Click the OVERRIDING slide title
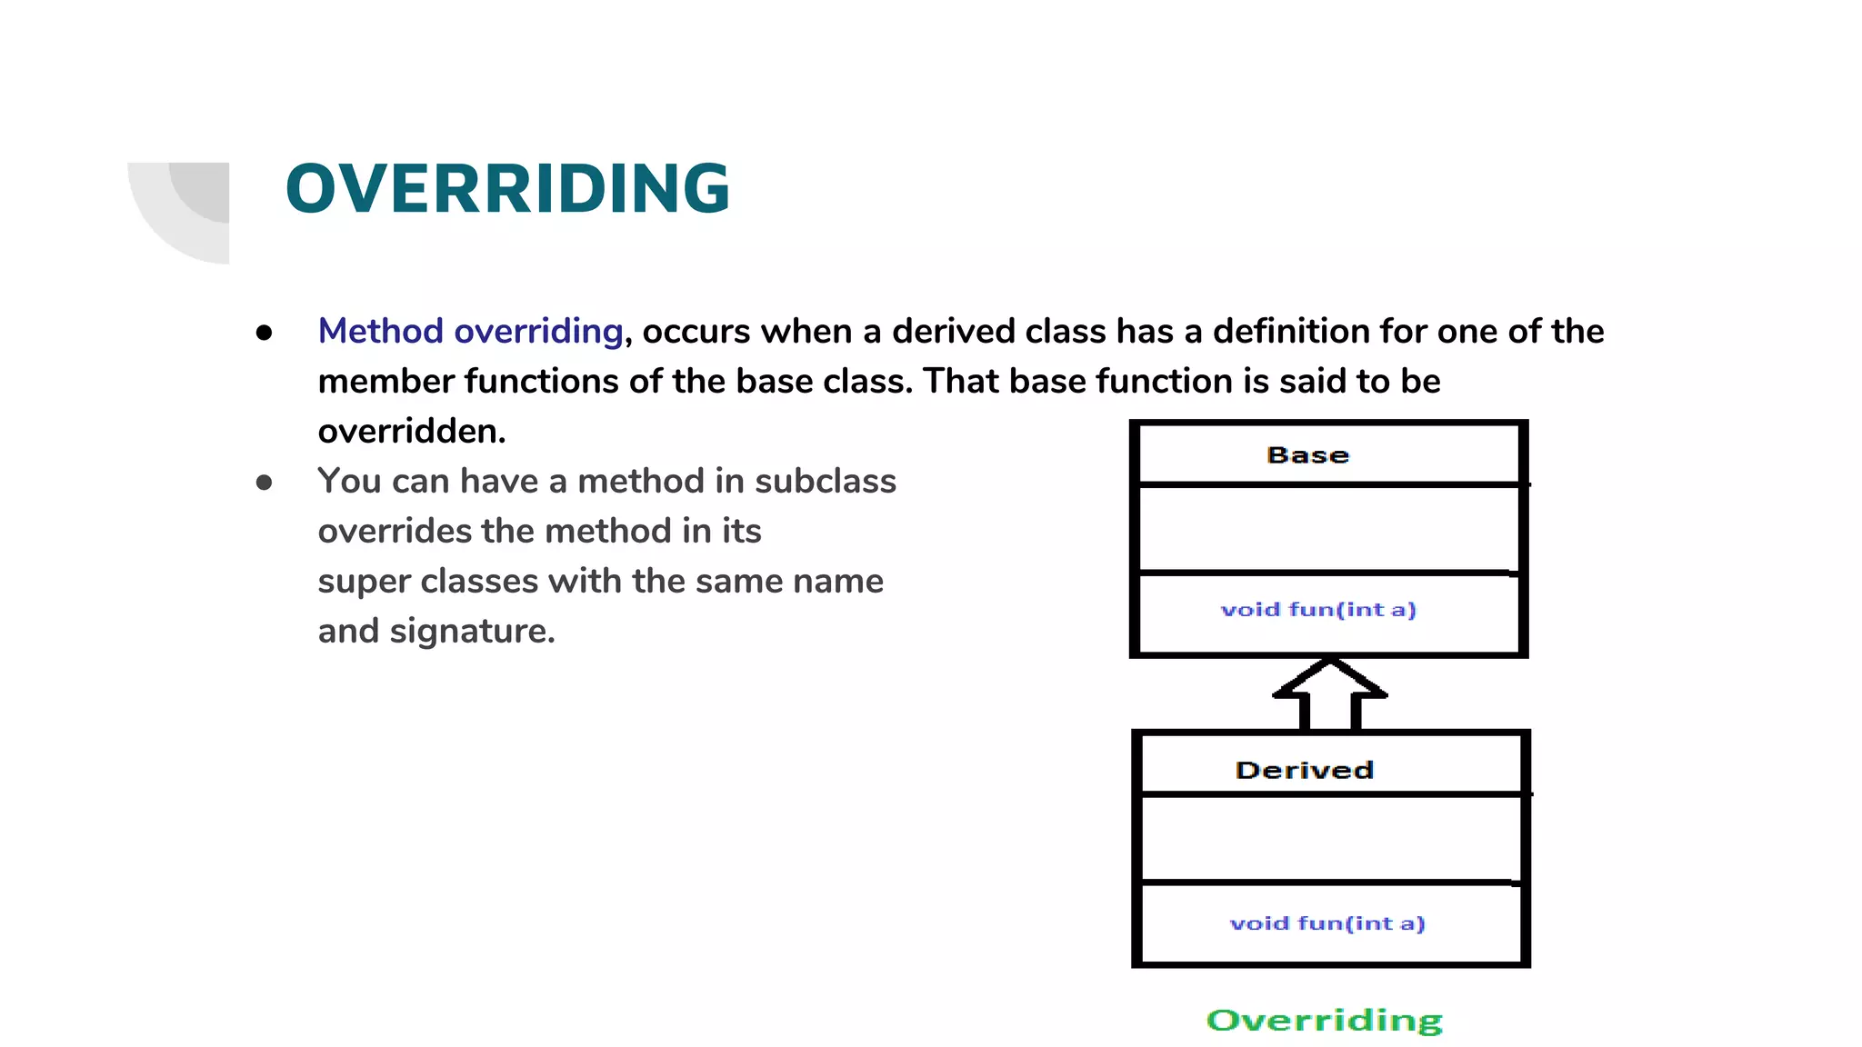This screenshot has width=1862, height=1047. tap(507, 189)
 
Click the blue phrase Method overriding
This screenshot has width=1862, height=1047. tap(470, 331)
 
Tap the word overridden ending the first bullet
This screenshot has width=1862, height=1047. tap(410, 431)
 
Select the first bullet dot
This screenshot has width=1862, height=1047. tap(264, 333)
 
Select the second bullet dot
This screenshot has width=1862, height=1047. tap(264, 483)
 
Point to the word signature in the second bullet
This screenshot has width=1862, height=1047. tap(472, 631)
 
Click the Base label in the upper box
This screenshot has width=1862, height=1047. tap(1307, 454)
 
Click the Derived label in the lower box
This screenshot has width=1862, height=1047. tap(1304, 770)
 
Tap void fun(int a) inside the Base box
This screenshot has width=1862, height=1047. tap(1317, 610)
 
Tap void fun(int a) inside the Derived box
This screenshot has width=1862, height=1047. tap(1326, 923)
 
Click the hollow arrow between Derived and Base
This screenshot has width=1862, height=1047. tap(1329, 694)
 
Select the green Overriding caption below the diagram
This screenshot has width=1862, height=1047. tap(1324, 1020)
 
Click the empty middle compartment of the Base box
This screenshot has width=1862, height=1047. tap(1327, 529)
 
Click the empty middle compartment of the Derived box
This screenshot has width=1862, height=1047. tap(1329, 838)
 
